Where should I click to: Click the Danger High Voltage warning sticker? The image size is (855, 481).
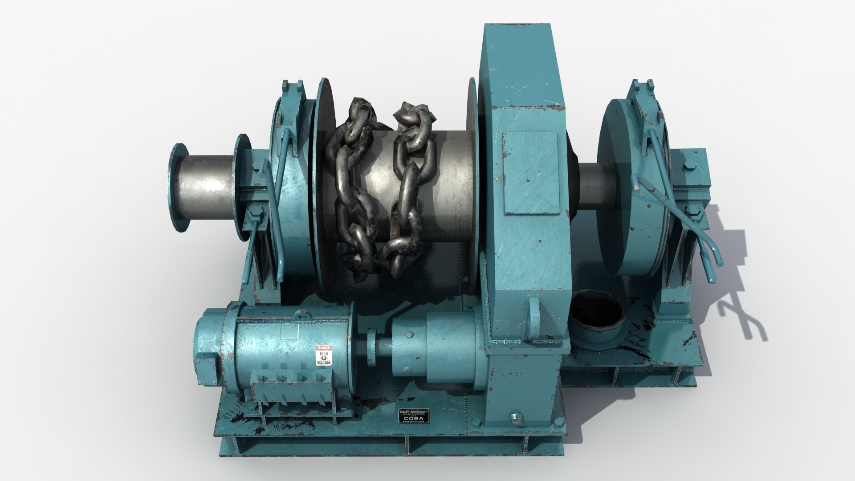click(324, 355)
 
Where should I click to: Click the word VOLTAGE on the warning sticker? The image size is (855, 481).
click(324, 362)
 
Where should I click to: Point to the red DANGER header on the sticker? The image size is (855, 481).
click(324, 347)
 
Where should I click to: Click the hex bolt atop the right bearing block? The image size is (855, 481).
click(687, 168)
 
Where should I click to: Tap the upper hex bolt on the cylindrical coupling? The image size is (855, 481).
click(407, 335)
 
